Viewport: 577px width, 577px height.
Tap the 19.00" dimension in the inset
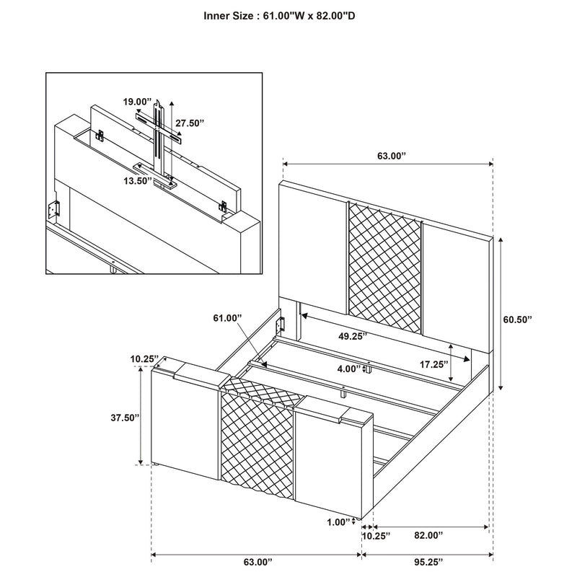(x=137, y=102)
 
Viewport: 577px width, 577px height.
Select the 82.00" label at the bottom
(x=428, y=535)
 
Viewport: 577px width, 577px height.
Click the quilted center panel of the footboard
(x=257, y=447)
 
